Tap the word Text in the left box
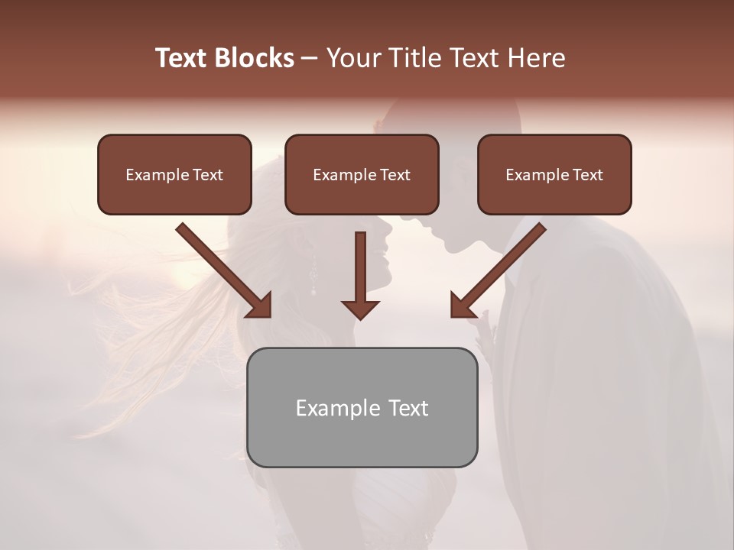click(x=207, y=175)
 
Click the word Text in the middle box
click(x=395, y=175)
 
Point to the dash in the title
click(x=310, y=59)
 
